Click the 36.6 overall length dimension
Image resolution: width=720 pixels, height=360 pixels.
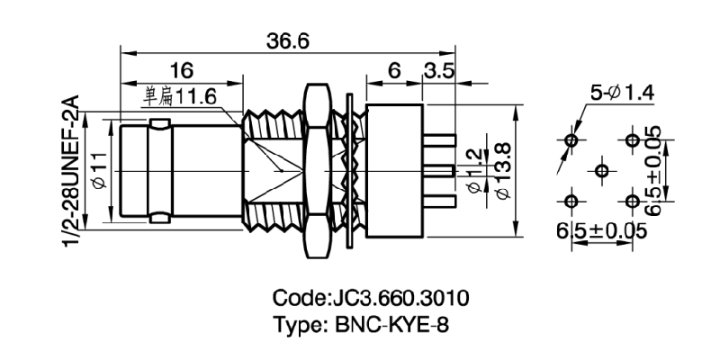(288, 41)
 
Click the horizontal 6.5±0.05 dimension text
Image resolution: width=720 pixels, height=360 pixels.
(601, 231)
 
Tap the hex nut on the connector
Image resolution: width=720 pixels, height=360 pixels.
(316, 171)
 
